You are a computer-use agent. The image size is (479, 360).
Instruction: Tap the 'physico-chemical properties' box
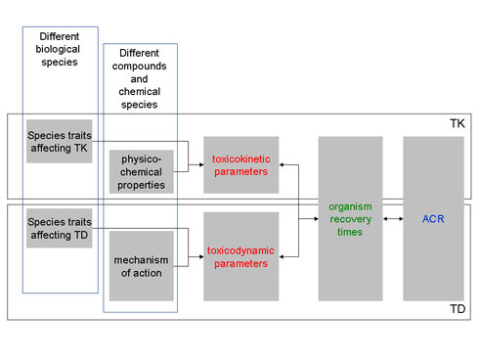tap(141, 170)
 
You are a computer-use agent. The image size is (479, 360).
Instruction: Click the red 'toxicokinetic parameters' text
tap(240, 163)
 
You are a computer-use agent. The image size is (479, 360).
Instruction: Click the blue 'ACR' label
tap(432, 218)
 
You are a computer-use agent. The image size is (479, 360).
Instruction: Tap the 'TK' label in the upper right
tap(457, 125)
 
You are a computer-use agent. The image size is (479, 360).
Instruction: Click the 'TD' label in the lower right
tap(457, 309)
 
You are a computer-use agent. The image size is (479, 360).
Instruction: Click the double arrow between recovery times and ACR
tap(394, 218)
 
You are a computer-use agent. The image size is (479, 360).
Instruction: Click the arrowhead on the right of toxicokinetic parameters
tap(283, 163)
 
